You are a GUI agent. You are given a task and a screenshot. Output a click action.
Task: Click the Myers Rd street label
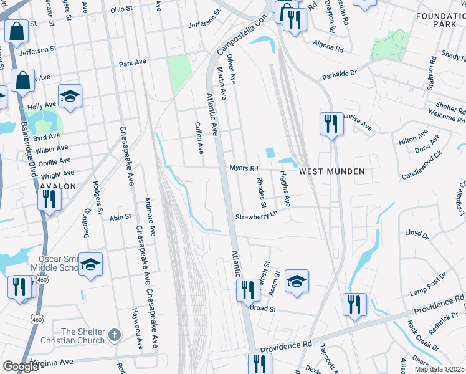click(244, 168)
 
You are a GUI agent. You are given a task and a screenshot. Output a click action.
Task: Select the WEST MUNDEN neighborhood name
click(331, 171)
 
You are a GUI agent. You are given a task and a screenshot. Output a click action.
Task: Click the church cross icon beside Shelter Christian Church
click(113, 335)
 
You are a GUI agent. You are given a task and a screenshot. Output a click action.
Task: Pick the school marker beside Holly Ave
click(70, 96)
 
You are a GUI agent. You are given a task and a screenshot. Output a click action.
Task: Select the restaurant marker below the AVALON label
click(48, 199)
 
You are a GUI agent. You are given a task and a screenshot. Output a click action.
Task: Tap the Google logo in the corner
click(21, 366)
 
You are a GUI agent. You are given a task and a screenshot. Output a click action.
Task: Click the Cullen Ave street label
click(200, 138)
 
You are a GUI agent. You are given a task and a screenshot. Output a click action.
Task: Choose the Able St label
click(120, 217)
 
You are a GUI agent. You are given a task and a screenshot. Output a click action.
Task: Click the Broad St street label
click(262, 308)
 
